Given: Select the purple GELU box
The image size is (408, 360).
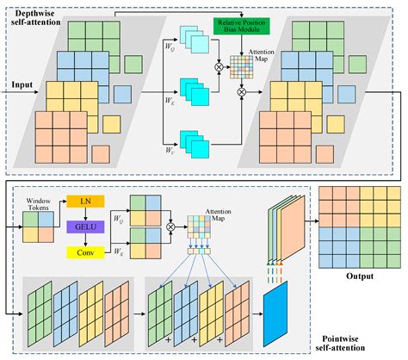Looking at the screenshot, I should (x=84, y=227).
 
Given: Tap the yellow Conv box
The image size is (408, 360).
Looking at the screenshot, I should (x=84, y=252).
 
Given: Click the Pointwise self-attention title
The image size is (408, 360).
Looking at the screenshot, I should (x=354, y=346).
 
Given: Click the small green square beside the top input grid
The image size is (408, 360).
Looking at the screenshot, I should (x=133, y=64).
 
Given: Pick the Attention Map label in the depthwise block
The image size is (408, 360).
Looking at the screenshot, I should (x=262, y=57).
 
